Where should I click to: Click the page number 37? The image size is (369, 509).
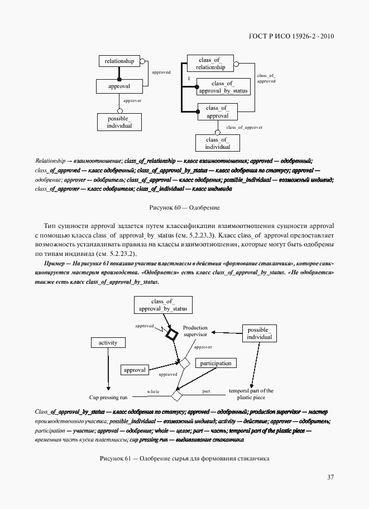(x=330, y=477)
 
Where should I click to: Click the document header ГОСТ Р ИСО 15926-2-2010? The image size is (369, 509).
(x=291, y=37)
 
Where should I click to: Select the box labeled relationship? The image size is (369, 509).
(x=119, y=61)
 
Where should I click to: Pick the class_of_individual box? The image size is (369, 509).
(x=217, y=143)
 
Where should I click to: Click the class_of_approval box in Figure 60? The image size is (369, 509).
(x=217, y=112)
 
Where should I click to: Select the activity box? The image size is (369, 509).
(x=108, y=342)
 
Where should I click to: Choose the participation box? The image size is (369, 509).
(x=215, y=363)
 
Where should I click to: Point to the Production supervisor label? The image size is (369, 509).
(x=195, y=331)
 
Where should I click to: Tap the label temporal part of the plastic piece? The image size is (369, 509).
(x=251, y=394)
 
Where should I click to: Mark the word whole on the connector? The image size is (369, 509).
(x=153, y=392)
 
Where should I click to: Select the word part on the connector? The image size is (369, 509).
(x=206, y=391)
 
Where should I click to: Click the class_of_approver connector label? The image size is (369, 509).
(x=244, y=128)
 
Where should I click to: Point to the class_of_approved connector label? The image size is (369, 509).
(x=266, y=78)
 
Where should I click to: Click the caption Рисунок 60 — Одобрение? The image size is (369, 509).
(x=184, y=207)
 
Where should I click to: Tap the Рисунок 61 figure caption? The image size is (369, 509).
(x=184, y=458)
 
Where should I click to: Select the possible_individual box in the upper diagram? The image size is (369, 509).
(x=119, y=122)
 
